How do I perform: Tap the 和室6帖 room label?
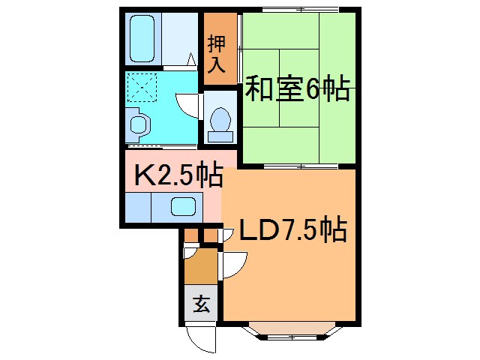[298, 91]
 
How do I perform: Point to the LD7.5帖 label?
[292, 229]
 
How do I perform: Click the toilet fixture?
[220, 122]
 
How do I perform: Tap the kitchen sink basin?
[182, 206]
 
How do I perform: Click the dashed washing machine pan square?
[142, 88]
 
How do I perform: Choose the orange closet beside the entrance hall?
[200, 265]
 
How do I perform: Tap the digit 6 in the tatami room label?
[313, 91]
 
